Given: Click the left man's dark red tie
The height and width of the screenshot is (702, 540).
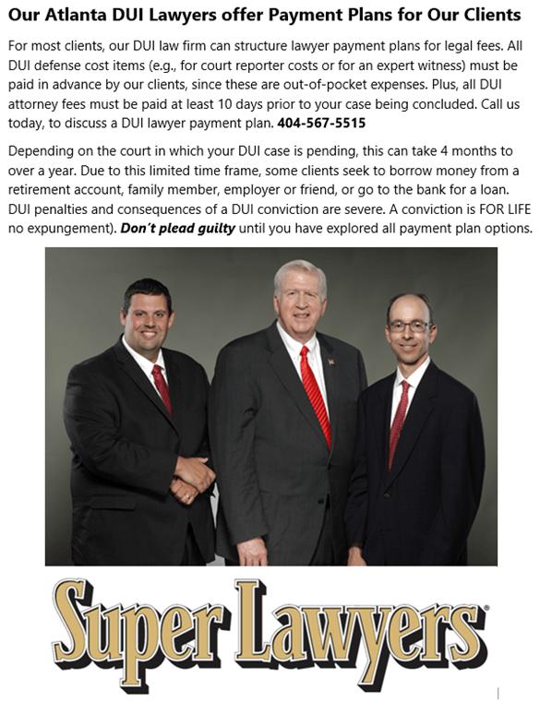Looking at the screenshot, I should pyautogui.click(x=162, y=387).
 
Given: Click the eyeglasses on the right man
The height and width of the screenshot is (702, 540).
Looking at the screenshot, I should pyautogui.click(x=408, y=327).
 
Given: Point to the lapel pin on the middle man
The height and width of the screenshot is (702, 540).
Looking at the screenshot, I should pyautogui.click(x=330, y=362).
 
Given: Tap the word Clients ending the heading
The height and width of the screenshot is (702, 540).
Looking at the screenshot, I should pyautogui.click(x=490, y=16).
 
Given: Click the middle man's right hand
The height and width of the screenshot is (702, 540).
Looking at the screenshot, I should pyautogui.click(x=252, y=552).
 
